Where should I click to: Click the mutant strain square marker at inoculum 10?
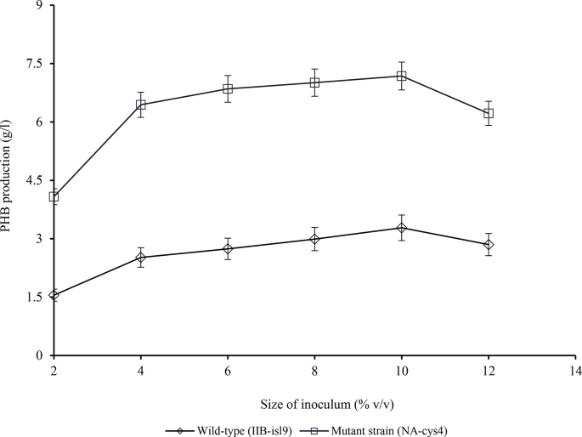pos(401,76)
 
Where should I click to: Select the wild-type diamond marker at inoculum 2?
pos(54,295)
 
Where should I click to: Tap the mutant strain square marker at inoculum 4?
pos(141,105)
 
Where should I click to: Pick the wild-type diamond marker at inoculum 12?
pos(488,245)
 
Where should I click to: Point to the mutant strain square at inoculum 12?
pos(488,113)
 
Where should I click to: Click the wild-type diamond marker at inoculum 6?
pos(228,248)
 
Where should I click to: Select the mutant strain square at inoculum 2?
pos(54,196)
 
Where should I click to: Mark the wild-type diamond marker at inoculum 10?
pos(401,228)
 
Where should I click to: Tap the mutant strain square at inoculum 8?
pos(314,82)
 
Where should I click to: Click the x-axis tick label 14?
pos(574,372)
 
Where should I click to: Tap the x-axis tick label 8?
pos(314,372)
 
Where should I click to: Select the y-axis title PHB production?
pos(11,180)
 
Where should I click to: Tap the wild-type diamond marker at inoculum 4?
pos(141,258)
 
